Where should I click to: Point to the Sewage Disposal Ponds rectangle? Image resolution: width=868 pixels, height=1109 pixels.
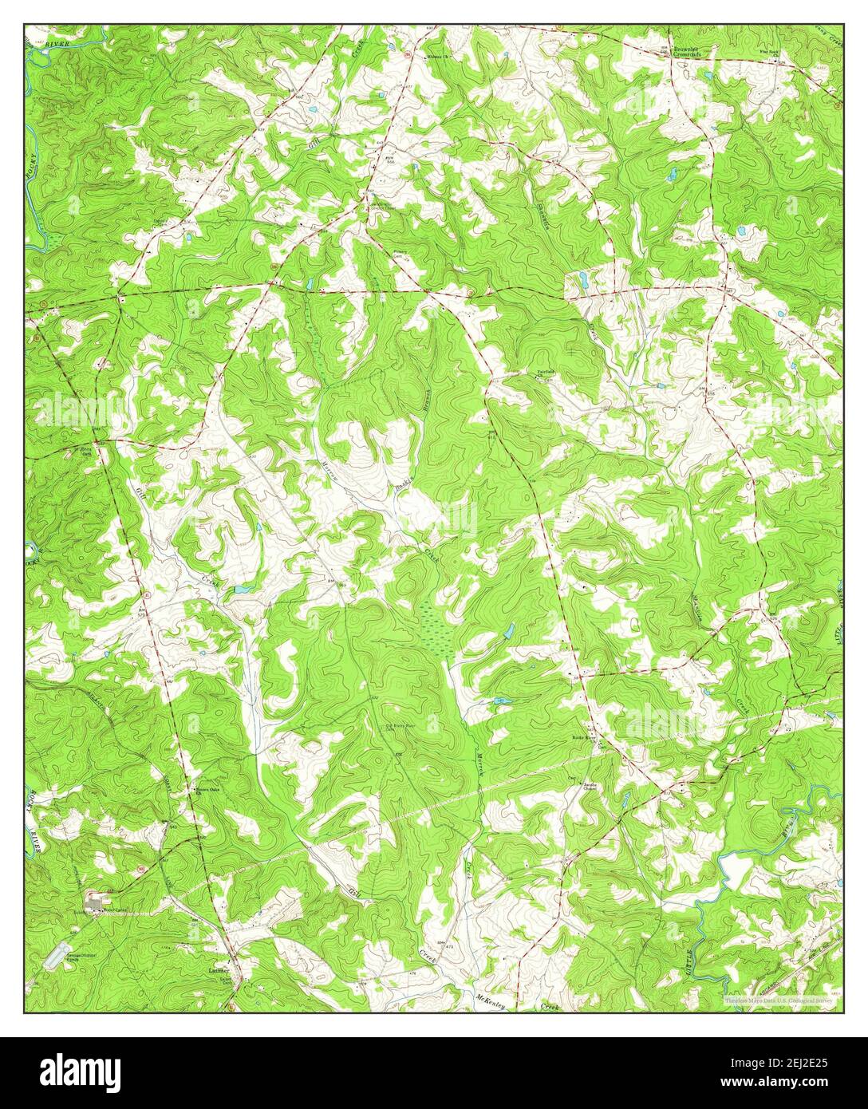[x=57, y=953]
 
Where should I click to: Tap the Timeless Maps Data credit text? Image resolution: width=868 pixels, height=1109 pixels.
[x=778, y=999]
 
